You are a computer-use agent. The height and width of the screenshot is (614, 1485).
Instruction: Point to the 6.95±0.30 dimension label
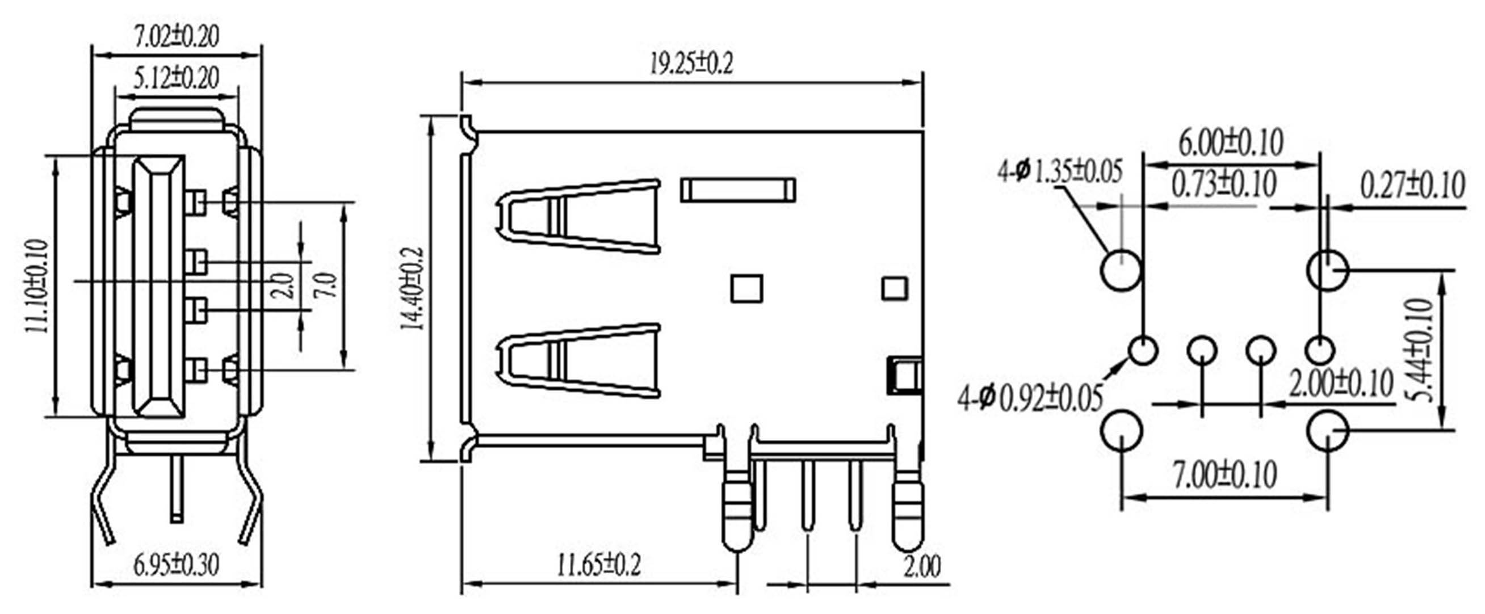177,565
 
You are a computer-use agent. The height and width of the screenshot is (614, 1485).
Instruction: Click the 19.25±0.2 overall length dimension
692,64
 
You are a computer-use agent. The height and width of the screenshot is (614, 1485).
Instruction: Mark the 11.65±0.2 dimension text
598,565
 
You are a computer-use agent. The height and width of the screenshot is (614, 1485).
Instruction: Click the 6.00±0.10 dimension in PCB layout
1231,143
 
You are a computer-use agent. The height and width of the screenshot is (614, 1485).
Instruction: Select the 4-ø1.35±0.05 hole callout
1061,172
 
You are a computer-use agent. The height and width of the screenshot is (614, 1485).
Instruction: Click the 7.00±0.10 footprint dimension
1225,474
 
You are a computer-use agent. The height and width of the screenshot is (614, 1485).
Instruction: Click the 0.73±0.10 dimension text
1224,184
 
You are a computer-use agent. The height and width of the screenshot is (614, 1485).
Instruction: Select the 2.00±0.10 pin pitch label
1341,384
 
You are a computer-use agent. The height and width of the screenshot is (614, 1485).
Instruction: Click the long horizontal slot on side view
738,190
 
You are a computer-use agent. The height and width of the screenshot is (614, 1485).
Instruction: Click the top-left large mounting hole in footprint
1121,270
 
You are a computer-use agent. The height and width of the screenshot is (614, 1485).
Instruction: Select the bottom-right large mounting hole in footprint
1327,430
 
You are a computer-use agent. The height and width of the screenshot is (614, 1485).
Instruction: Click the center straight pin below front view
177,490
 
